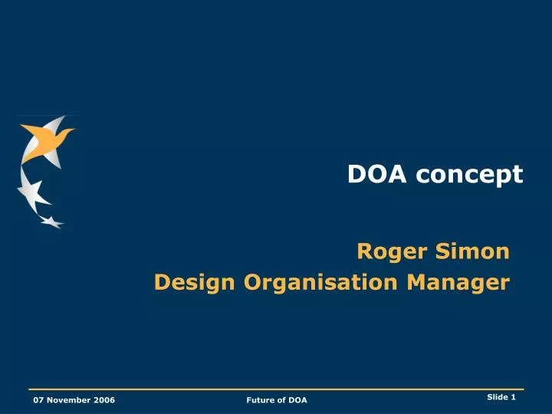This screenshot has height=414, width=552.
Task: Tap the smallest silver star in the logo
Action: pos(51,222)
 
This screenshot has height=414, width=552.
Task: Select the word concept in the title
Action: pos(470,176)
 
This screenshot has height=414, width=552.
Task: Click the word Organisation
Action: pos(322,283)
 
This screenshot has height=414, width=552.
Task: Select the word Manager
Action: pos(458,283)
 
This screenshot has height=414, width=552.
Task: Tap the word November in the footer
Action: pos(71,400)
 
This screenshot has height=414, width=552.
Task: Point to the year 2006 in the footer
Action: pos(104,400)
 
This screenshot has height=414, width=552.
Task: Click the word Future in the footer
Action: pos(261,400)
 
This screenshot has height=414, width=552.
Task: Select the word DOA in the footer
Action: pos(297,400)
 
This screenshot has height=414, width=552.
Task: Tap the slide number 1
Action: pos(514,396)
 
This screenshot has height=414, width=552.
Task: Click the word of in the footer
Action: pos(281,400)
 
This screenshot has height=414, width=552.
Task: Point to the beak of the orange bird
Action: pos(72,132)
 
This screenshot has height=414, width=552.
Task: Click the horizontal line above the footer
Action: pos(276,390)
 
